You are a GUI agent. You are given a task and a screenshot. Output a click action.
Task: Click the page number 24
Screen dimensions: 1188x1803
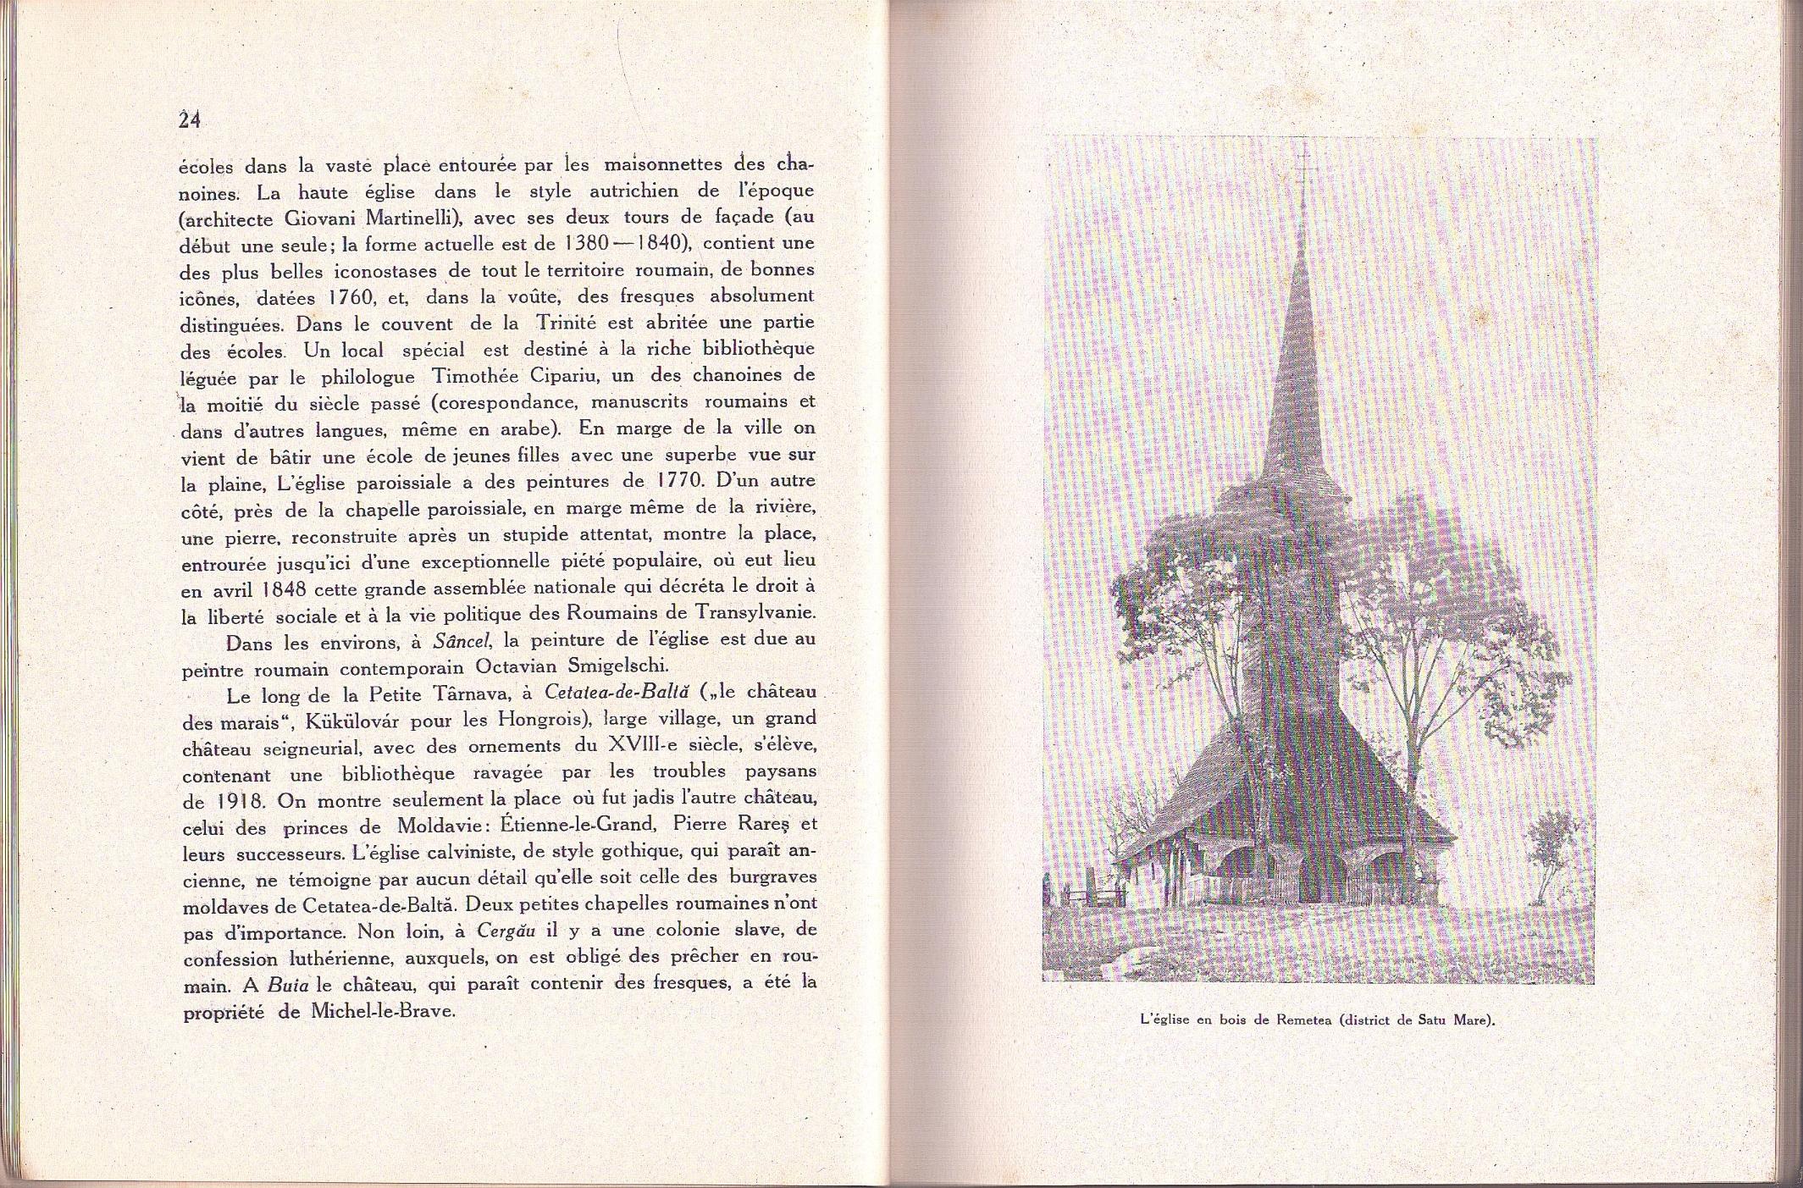click(x=190, y=120)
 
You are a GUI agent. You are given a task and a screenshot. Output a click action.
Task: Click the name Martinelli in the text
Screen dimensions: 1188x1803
click(x=418, y=218)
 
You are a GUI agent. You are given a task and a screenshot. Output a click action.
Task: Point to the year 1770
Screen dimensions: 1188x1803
click(x=678, y=481)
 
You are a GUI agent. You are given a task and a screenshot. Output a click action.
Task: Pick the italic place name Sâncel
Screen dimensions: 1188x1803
click(x=462, y=641)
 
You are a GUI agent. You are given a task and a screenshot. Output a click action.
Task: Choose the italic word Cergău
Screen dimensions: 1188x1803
click(x=506, y=931)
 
